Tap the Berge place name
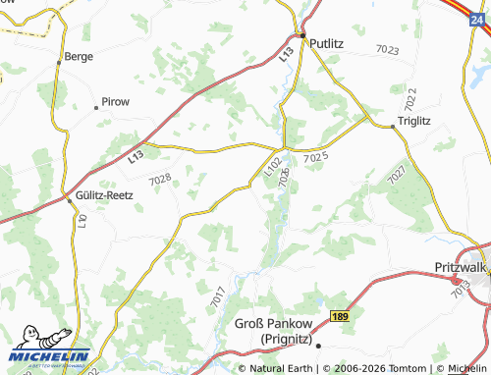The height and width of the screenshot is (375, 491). tap(78, 57)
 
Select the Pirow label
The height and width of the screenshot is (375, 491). tap(115, 103)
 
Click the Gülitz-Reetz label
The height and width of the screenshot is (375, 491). tap(104, 195)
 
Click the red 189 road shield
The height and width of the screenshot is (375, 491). tap(339, 316)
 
